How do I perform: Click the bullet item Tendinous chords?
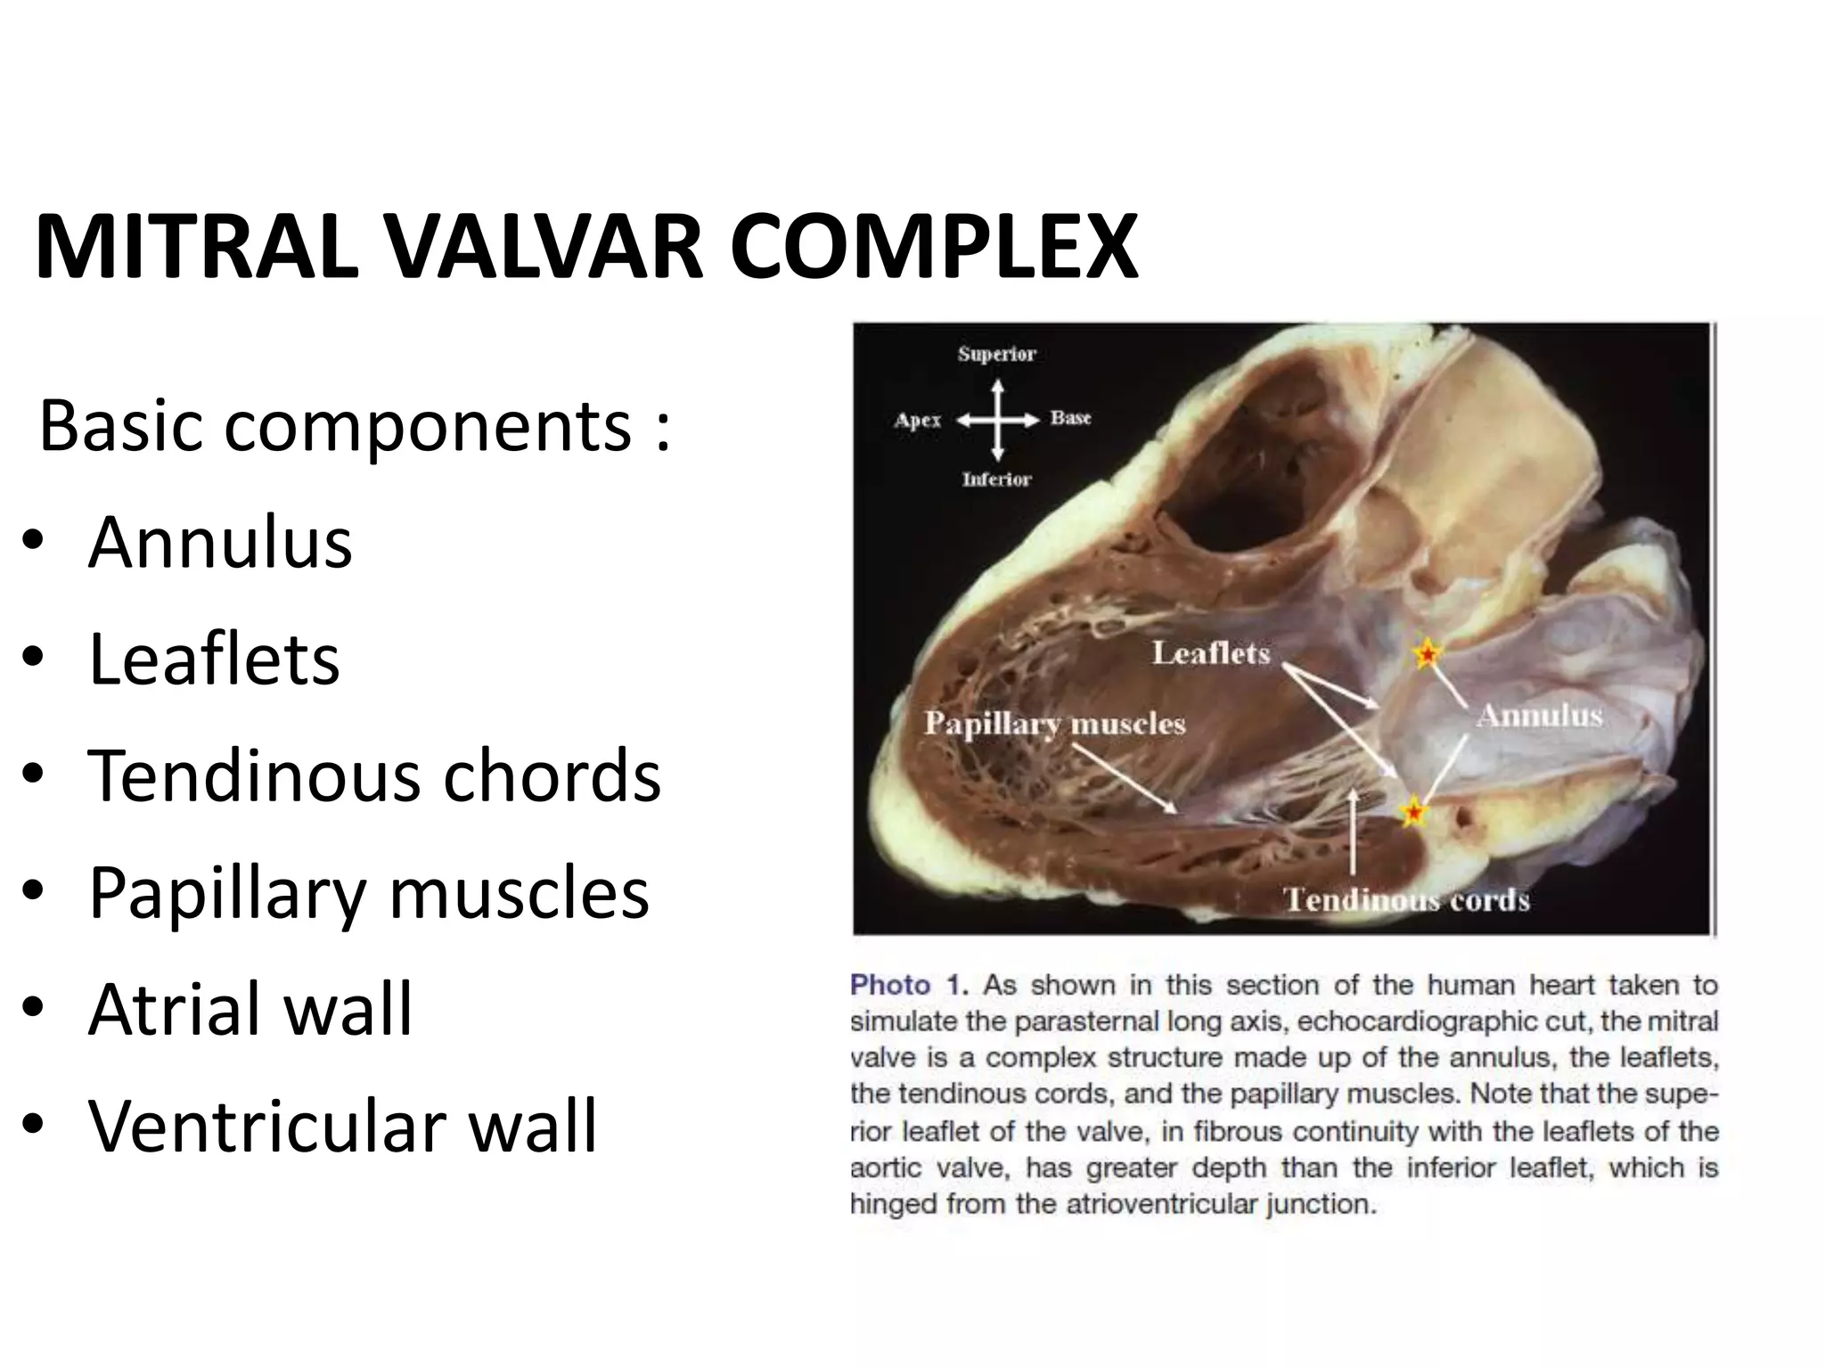pyautogui.click(x=374, y=775)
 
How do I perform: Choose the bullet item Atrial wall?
pyautogui.click(x=250, y=1009)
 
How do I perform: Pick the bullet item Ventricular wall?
pyautogui.click(x=342, y=1126)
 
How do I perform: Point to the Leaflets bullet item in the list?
pyautogui.click(x=214, y=659)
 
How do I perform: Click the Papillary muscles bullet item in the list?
pyautogui.click(x=369, y=892)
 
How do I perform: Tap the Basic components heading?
pyautogui.click(x=354, y=425)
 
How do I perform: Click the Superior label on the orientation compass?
pyautogui.click(x=996, y=354)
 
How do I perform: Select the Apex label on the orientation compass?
pyautogui.click(x=917, y=420)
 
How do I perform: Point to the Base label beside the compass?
pyautogui.click(x=1070, y=418)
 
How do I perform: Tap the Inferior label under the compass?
pyautogui.click(x=996, y=480)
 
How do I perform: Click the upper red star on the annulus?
pyautogui.click(x=1427, y=655)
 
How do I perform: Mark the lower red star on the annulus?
pyautogui.click(x=1413, y=813)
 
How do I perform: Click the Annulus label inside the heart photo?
pyautogui.click(x=1539, y=715)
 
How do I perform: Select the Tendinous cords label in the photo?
pyautogui.click(x=1407, y=900)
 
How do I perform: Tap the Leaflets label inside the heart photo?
pyautogui.click(x=1210, y=653)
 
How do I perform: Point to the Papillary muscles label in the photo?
pyautogui.click(x=1054, y=723)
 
